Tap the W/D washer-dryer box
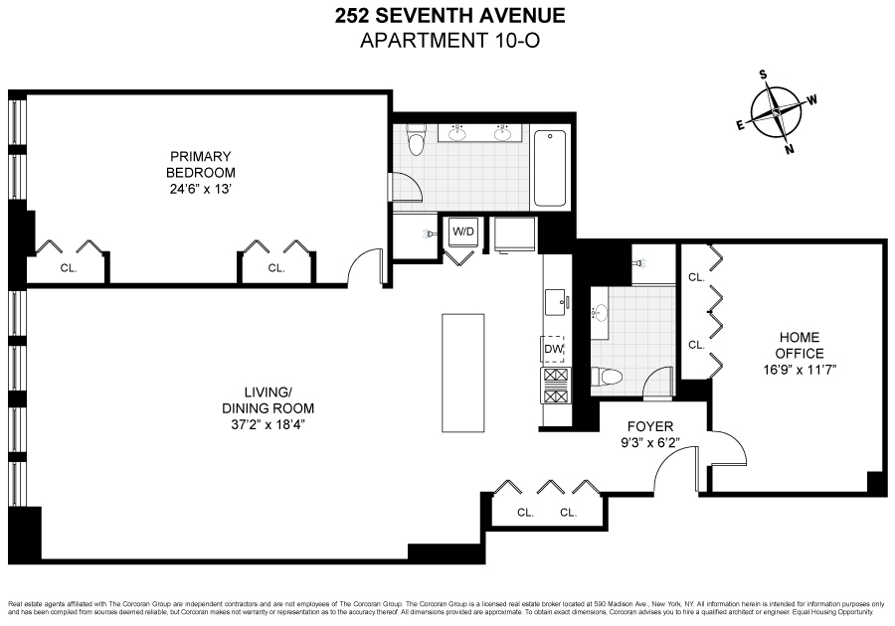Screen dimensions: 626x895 pyautogui.click(x=463, y=231)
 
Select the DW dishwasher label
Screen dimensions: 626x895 pyautogui.click(x=554, y=350)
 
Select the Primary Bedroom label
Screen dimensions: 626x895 pyautogui.click(x=200, y=164)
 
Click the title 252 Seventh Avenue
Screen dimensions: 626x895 pyautogui.click(x=447, y=16)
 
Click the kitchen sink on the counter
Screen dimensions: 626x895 pyautogui.click(x=555, y=301)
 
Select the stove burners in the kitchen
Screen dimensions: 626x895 pyautogui.click(x=554, y=383)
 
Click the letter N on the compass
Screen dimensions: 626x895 pyautogui.click(x=790, y=150)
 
